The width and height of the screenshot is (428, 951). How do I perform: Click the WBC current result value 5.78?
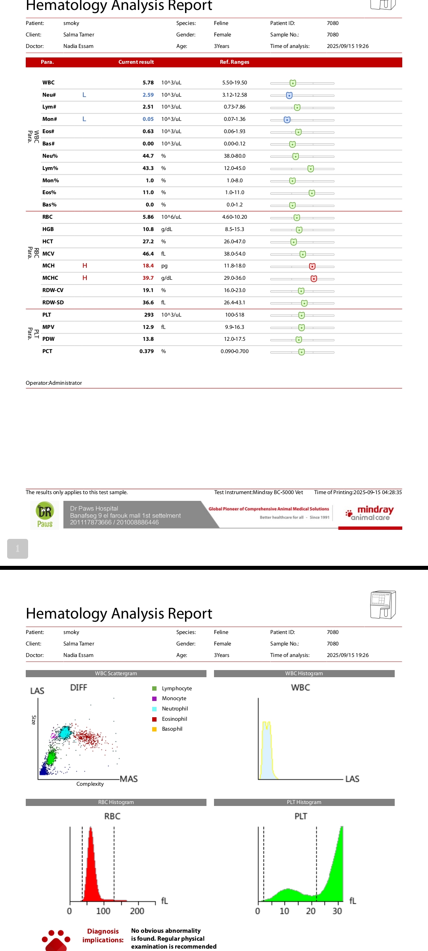[x=148, y=83]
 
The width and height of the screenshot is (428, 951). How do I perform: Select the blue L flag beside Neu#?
[x=84, y=95]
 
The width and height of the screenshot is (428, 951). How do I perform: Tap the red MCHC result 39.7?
[x=148, y=278]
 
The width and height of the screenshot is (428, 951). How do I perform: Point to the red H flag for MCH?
[x=84, y=266]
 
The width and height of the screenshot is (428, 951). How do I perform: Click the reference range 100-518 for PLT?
[x=235, y=315]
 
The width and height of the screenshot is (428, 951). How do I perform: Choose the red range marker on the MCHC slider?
[x=314, y=279]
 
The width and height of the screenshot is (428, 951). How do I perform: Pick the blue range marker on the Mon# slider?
[x=287, y=120]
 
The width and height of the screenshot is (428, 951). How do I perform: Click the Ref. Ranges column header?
[x=234, y=62]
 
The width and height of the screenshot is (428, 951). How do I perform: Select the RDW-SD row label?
[x=53, y=303]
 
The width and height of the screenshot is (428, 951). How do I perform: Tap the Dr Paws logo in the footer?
[x=45, y=515]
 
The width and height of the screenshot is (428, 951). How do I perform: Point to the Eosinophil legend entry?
[x=174, y=719]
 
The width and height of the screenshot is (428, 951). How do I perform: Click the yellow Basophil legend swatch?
[x=155, y=729]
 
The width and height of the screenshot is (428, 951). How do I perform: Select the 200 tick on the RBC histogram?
[x=137, y=911]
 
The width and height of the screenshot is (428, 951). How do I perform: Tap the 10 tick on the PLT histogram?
[x=284, y=911]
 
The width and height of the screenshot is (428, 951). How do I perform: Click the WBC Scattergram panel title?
[x=116, y=674]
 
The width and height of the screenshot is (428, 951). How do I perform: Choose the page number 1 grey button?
[x=17, y=549]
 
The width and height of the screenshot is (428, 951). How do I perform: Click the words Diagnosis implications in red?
[x=103, y=936]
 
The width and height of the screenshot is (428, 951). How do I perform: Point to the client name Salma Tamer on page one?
[x=79, y=35]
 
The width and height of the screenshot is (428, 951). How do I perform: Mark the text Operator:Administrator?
[x=54, y=383]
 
